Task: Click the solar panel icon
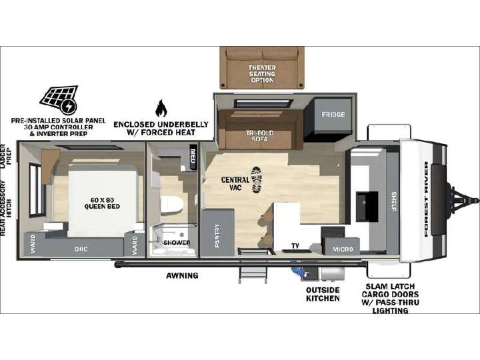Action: (x=59, y=99)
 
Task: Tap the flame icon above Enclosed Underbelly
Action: (x=161, y=109)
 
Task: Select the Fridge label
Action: (x=333, y=115)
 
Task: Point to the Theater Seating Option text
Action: (x=262, y=74)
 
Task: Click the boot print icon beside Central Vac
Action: (x=257, y=180)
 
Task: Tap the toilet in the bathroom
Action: (x=171, y=205)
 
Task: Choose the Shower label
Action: (x=177, y=243)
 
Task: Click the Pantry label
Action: (x=217, y=236)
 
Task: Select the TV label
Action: (x=295, y=246)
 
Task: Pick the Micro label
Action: (x=343, y=249)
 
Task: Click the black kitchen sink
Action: (x=367, y=206)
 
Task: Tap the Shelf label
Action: (x=394, y=201)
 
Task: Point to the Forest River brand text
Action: (x=427, y=199)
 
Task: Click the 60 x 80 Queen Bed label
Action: (x=102, y=203)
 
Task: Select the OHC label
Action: (x=81, y=249)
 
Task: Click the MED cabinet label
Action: (x=193, y=156)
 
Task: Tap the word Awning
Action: (x=182, y=275)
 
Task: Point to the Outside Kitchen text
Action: (x=323, y=294)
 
